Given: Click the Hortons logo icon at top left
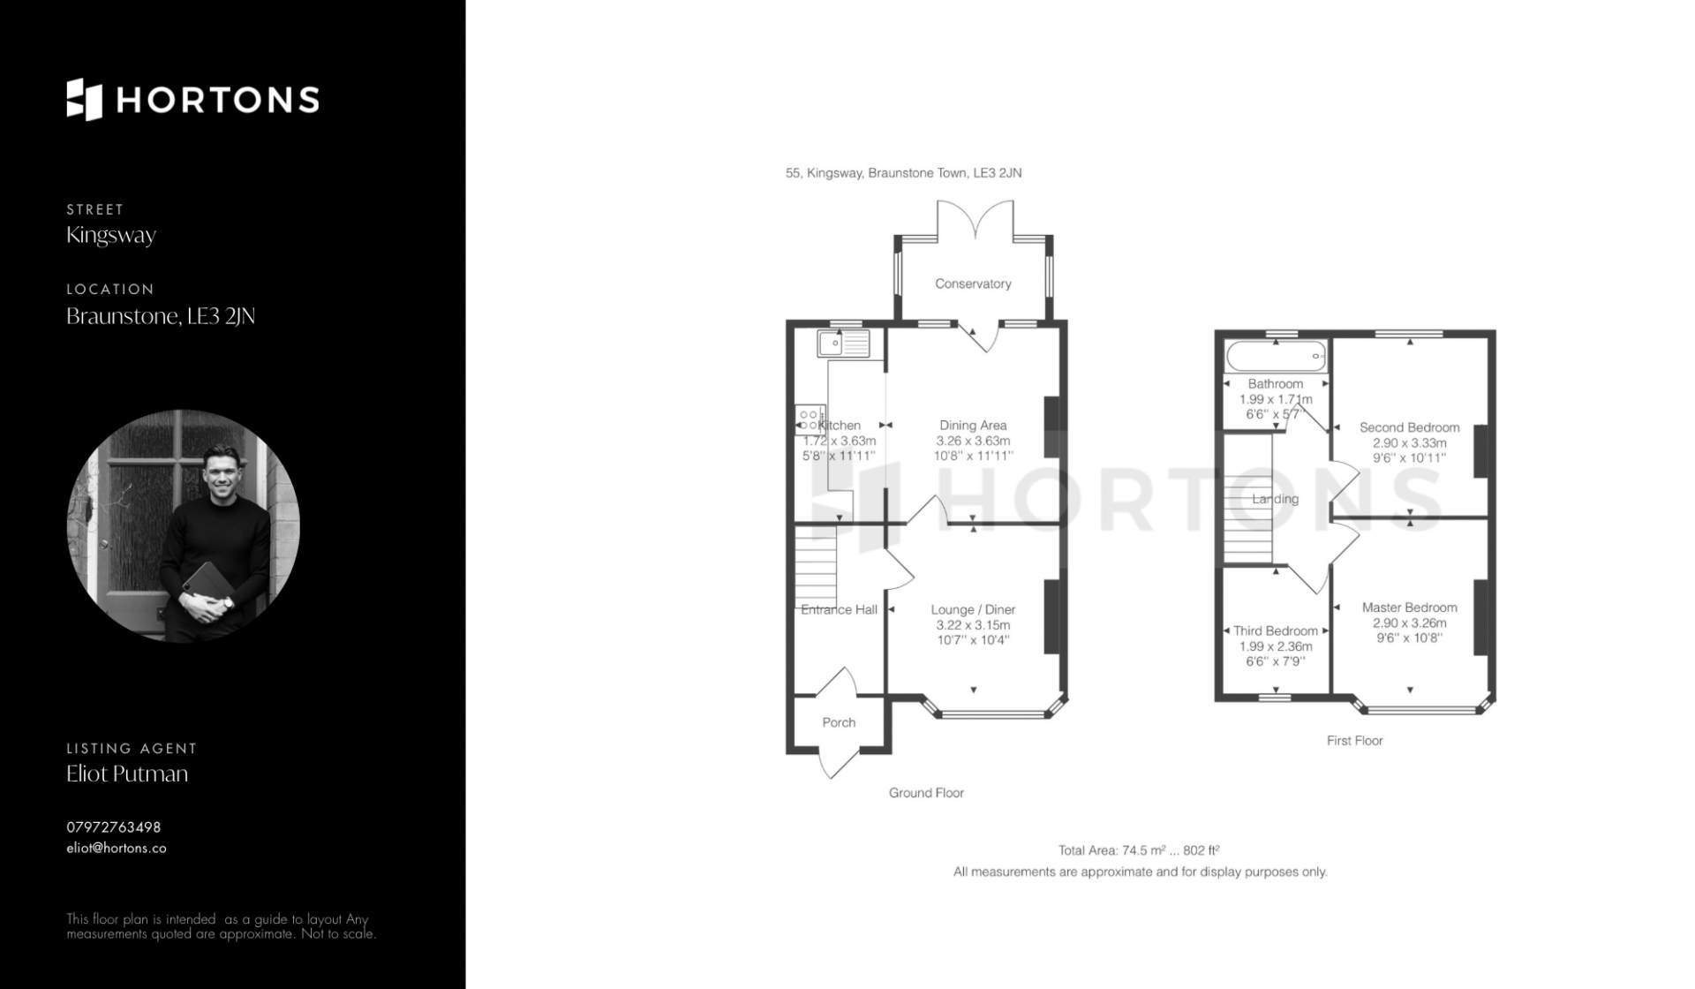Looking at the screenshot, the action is (85, 100).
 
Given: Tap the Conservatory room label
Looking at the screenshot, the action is (973, 283).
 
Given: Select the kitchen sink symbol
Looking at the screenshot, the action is (843, 343).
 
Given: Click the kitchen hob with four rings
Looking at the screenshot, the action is (810, 420).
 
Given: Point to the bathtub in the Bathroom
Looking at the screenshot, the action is (1277, 356).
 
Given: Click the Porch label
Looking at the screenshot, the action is (839, 722).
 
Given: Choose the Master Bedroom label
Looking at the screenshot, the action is (1409, 608).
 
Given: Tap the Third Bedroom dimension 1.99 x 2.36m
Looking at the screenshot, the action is (1276, 646).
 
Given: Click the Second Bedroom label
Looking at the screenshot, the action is (1409, 427).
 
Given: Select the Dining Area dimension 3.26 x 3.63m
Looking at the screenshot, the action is (973, 441).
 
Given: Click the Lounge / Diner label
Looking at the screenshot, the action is (973, 609).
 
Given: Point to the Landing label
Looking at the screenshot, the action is (1275, 499).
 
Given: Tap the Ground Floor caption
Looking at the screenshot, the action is (926, 793).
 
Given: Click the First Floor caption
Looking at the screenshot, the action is (1354, 741).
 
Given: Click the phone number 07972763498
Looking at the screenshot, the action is (114, 827).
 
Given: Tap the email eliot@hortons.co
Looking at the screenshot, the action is (117, 848).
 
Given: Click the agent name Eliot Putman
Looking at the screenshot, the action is (127, 774).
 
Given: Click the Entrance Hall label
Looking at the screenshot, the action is (839, 609).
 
